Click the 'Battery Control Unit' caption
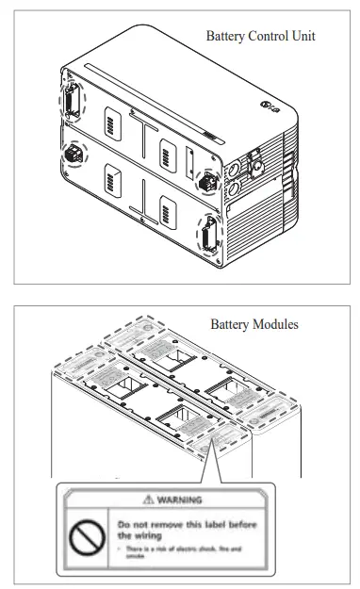point(260,36)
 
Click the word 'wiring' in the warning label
point(155,533)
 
